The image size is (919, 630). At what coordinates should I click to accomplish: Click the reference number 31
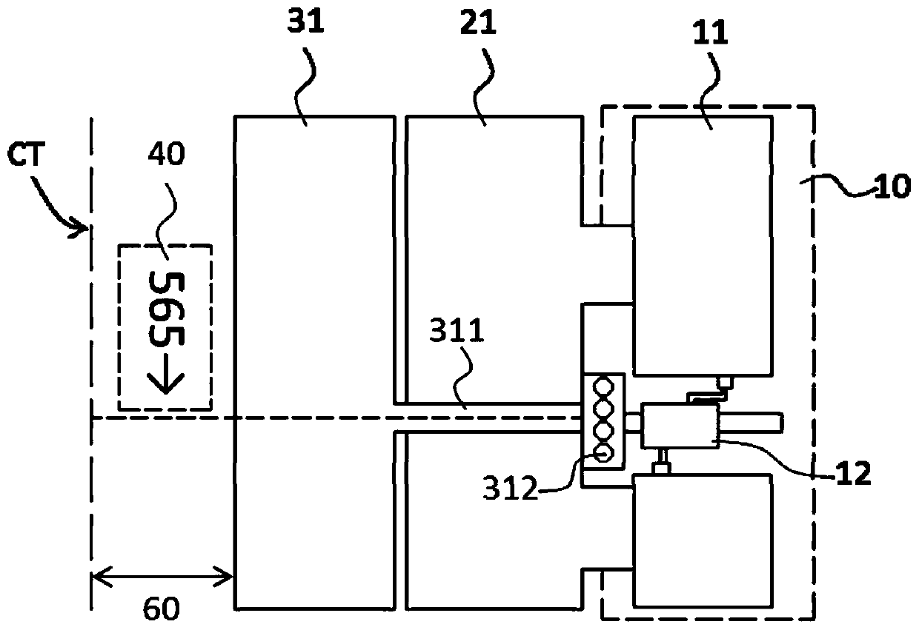click(305, 23)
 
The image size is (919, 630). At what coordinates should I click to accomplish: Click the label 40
click(165, 155)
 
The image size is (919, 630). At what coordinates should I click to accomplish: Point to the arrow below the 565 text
click(165, 378)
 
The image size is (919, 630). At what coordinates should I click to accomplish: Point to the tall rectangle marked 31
click(313, 363)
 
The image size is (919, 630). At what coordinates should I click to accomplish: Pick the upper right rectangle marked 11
click(703, 244)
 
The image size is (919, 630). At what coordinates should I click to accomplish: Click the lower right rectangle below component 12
click(703, 540)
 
